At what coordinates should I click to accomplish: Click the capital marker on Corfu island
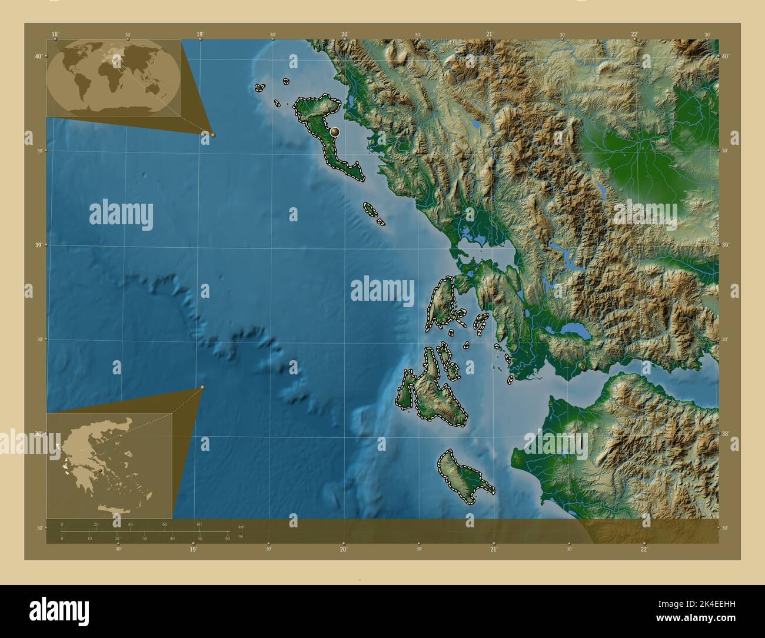(335, 132)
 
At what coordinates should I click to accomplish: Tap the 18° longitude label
(55, 34)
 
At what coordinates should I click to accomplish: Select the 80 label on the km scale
(199, 524)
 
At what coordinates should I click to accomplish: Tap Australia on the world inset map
(155, 88)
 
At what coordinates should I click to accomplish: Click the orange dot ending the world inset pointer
(213, 135)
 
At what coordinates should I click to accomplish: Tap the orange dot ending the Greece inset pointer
(202, 387)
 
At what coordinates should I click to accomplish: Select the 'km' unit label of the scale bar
(241, 526)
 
